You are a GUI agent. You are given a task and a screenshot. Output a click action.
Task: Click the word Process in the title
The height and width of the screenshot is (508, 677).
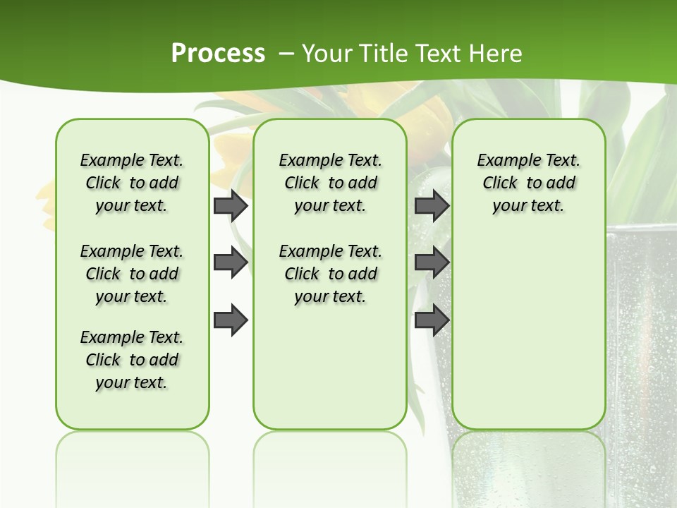(218, 53)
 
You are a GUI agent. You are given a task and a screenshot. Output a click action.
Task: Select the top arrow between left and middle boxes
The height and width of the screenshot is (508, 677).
(231, 205)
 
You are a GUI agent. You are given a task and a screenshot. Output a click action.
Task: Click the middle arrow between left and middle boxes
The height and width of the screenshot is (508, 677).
(231, 262)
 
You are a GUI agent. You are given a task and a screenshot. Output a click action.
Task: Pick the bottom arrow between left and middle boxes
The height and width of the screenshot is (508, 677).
(231, 320)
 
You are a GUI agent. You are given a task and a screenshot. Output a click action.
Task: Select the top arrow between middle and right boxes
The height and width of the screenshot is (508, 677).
(432, 205)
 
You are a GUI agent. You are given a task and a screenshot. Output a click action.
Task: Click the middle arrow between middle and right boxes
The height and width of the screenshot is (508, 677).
(432, 262)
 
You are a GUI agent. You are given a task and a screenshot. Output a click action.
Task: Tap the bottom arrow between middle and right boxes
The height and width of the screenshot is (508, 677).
(432, 320)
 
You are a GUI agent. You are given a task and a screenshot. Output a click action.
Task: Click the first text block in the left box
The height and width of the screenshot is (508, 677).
(132, 183)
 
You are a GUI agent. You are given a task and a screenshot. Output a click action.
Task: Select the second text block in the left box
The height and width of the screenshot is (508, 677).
(132, 274)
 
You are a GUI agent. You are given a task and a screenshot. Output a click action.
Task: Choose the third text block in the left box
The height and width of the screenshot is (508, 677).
(132, 360)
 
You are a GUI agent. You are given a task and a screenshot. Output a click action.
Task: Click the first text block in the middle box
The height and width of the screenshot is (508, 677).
(330, 183)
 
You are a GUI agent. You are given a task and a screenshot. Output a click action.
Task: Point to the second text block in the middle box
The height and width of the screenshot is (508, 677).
(330, 274)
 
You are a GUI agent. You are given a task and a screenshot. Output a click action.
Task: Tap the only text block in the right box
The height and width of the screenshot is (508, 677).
(528, 183)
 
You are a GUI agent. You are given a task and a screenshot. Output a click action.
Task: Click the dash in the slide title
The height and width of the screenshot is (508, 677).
(286, 53)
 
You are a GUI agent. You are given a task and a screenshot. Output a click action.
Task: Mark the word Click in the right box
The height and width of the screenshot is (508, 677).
(500, 183)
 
